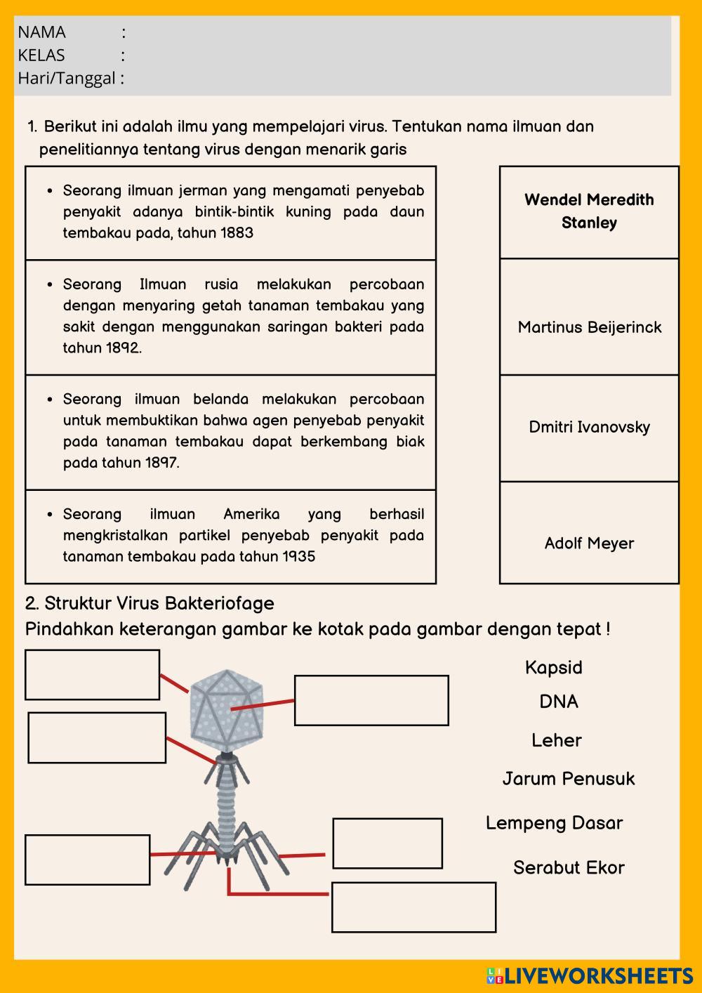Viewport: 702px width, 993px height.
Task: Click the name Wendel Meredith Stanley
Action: (589, 211)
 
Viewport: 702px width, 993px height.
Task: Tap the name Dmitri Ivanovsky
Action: (589, 427)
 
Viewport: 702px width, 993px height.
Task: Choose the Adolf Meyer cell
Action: (589, 543)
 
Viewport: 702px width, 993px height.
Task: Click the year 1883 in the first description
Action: (237, 233)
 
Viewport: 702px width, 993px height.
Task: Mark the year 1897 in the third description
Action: (162, 463)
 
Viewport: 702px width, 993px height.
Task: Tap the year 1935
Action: (298, 557)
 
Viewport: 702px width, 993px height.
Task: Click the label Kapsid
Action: (554, 667)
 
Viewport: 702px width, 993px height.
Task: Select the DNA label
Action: (559, 702)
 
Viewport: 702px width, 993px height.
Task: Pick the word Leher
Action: (557, 740)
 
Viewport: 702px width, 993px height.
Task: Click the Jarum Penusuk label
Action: (569, 778)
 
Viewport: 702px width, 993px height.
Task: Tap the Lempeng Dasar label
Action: (554, 823)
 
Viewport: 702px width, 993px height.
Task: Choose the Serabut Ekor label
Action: (569, 867)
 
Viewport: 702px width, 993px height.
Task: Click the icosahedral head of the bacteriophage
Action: (225, 706)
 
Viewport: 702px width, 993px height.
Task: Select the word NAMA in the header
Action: (42, 32)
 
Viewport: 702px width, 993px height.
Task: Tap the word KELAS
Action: (41, 55)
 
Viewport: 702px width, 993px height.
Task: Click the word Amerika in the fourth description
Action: (251, 514)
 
